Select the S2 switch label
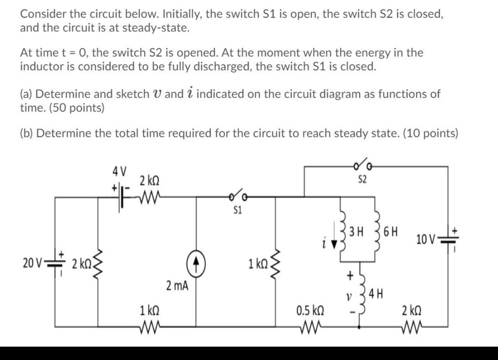362,179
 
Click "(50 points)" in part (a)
74,108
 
